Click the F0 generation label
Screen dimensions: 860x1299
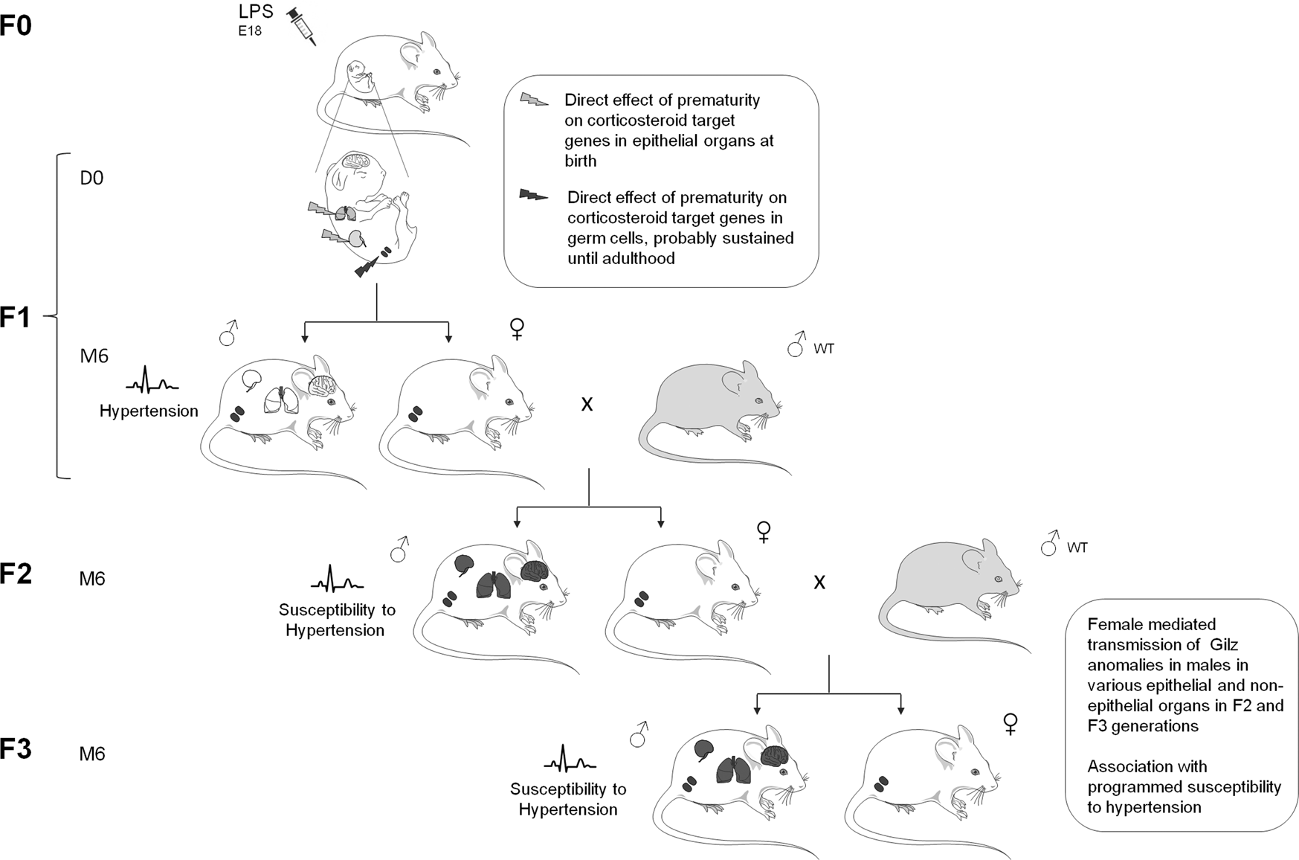coord(16,25)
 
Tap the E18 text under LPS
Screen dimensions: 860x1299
coord(250,31)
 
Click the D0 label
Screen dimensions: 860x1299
coord(91,179)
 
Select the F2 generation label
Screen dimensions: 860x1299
coord(16,574)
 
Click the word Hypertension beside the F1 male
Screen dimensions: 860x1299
coord(149,411)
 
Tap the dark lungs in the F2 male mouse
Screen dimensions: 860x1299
coord(494,585)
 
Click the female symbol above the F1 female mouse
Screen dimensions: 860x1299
coord(517,328)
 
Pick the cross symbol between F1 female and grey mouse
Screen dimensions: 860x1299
coord(587,404)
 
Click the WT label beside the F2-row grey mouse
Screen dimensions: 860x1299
coord(1077,548)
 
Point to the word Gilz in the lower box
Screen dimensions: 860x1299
coord(1222,644)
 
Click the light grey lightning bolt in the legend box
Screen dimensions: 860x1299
coord(535,100)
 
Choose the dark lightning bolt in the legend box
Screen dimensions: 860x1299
coord(533,196)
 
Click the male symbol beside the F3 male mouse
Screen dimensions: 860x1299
coord(639,734)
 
